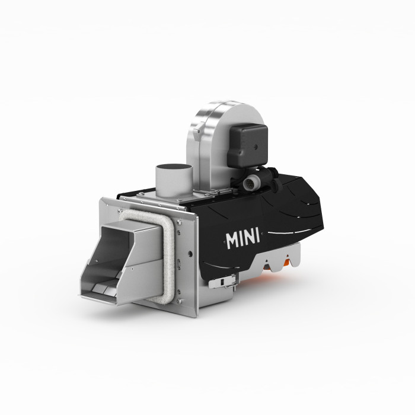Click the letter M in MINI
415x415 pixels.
pyautogui.click(x=232, y=241)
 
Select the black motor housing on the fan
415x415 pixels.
pyautogui.click(x=247, y=146)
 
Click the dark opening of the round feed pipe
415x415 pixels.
pyautogui.click(x=174, y=167)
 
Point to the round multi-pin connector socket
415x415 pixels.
pyautogui.click(x=250, y=183)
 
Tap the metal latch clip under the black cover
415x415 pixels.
pyautogui.click(x=222, y=282)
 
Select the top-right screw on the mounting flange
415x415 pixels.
pyautogui.click(x=180, y=222)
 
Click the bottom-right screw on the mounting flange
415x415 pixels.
pyautogui.click(x=179, y=301)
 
